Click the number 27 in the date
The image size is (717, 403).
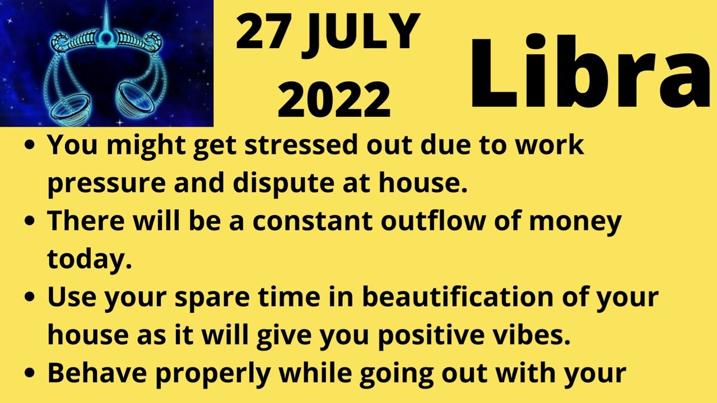pos(262,33)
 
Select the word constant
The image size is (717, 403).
pos(313,221)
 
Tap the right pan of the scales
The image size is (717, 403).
pos(138,99)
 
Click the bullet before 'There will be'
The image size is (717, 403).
pos(31,221)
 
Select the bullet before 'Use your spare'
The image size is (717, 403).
pos(31,297)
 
